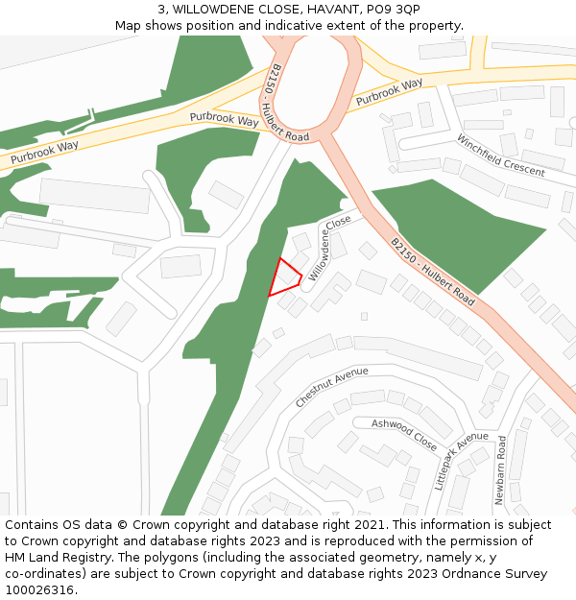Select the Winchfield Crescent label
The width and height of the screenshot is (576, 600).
pyautogui.click(x=500, y=156)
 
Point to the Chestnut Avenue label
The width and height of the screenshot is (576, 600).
pyautogui.click(x=332, y=387)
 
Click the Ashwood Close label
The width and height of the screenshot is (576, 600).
pyautogui.click(x=404, y=434)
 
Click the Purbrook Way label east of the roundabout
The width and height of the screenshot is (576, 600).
pyautogui.click(x=389, y=91)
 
